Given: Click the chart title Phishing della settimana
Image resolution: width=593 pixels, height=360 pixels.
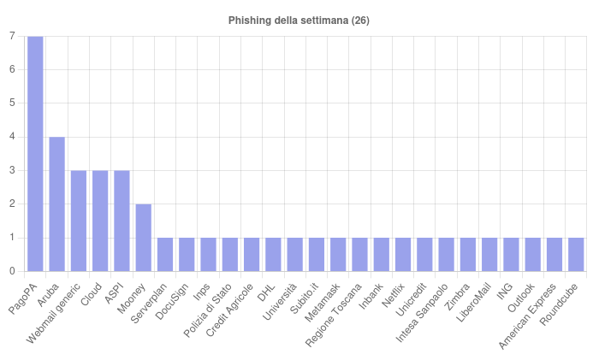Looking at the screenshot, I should pos(299,20).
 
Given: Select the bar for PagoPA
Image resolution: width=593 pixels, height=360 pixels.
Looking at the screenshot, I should pos(35,154).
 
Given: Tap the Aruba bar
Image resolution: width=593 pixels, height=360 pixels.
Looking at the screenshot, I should pos(56,204).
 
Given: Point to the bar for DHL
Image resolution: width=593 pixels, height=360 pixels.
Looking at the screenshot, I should pos(273,255).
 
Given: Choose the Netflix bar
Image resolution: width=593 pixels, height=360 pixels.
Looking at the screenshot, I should pos(403,255).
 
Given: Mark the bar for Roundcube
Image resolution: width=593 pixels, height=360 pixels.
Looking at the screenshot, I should pos(576,255).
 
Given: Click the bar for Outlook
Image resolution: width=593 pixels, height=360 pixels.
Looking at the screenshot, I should pos(532,255).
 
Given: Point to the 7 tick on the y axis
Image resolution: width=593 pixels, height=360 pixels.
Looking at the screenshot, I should pos(11,36).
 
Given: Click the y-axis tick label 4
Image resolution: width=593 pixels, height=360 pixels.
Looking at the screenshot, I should pos(11,137).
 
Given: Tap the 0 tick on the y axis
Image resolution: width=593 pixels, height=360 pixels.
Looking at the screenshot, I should pos(11,271).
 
